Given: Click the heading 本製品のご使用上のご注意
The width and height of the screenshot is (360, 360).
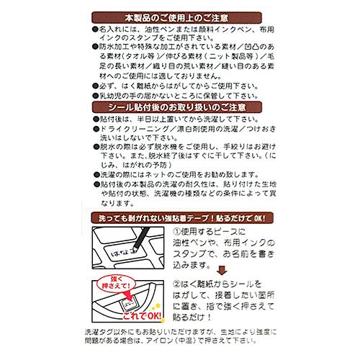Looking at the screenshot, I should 180,15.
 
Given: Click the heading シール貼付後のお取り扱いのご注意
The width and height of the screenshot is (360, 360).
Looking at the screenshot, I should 180,107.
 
